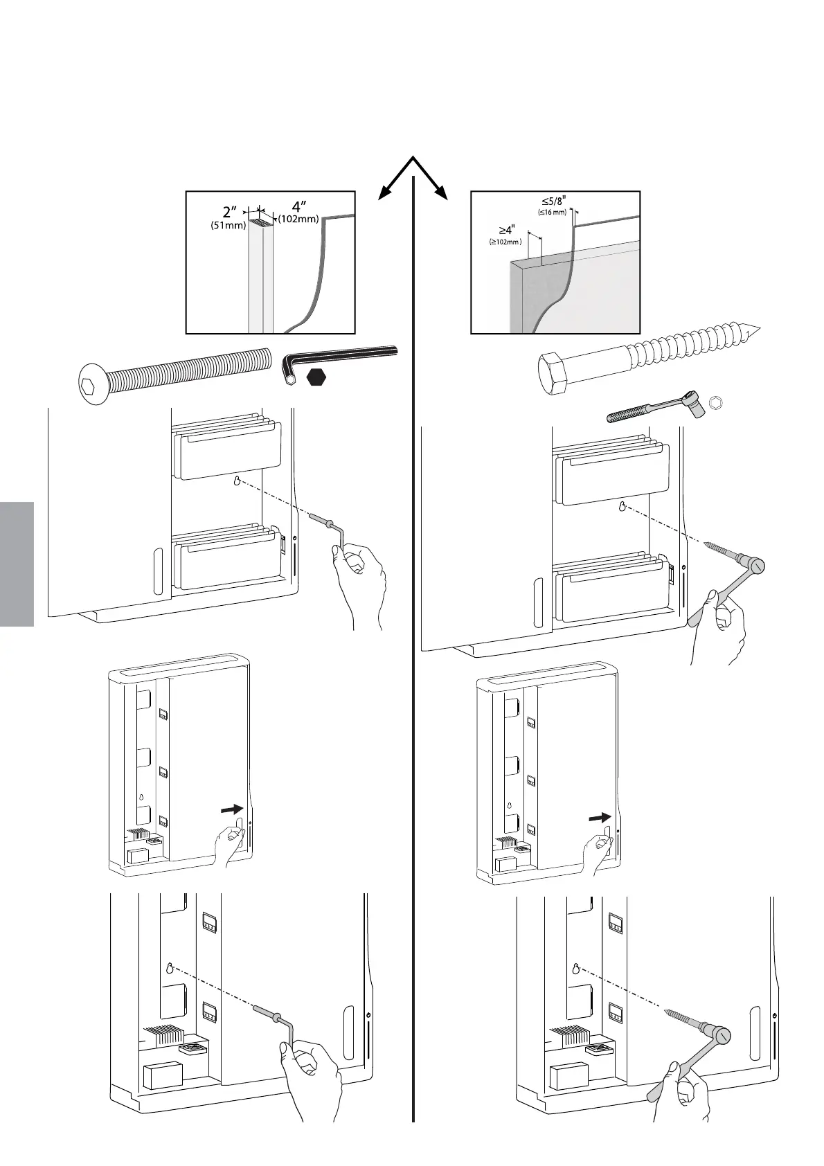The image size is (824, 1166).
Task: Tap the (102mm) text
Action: [x=298, y=219]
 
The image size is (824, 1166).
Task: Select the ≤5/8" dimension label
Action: [x=553, y=201]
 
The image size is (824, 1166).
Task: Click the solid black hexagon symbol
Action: [x=316, y=379]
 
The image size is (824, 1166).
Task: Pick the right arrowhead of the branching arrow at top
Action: [x=443, y=193]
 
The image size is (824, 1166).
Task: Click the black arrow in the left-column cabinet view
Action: [x=233, y=809]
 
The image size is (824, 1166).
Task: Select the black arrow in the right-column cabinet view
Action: [x=600, y=817]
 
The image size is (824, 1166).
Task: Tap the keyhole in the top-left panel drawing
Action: [x=237, y=482]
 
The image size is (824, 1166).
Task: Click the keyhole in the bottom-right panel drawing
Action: [x=575, y=968]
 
